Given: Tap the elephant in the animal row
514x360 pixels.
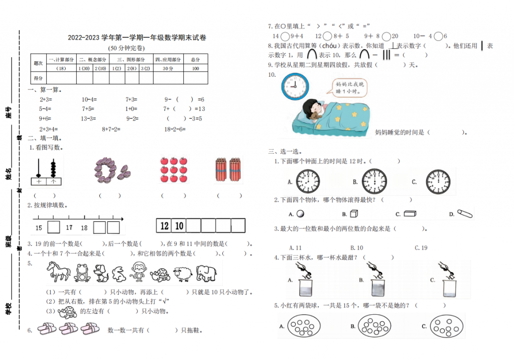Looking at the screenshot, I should click(x=206, y=274).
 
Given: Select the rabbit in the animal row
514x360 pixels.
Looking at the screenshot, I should click(x=119, y=274).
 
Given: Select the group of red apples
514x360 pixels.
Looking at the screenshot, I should click(x=174, y=169).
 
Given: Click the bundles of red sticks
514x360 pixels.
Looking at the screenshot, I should click(x=228, y=170).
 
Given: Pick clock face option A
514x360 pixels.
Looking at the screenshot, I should click(x=307, y=181).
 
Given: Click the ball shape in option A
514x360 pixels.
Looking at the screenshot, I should click(x=300, y=213).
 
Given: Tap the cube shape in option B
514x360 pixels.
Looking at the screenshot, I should click(x=353, y=214).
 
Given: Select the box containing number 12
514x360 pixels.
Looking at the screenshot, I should click(x=164, y=226).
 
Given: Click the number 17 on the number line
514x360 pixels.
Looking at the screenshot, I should click(x=69, y=228).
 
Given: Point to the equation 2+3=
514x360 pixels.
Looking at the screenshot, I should click(x=46, y=99).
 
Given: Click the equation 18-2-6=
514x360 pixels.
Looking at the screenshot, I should click(x=175, y=129).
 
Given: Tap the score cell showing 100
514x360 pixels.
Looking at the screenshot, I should click(x=195, y=68).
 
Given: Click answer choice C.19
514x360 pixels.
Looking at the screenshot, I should click(x=421, y=248).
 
